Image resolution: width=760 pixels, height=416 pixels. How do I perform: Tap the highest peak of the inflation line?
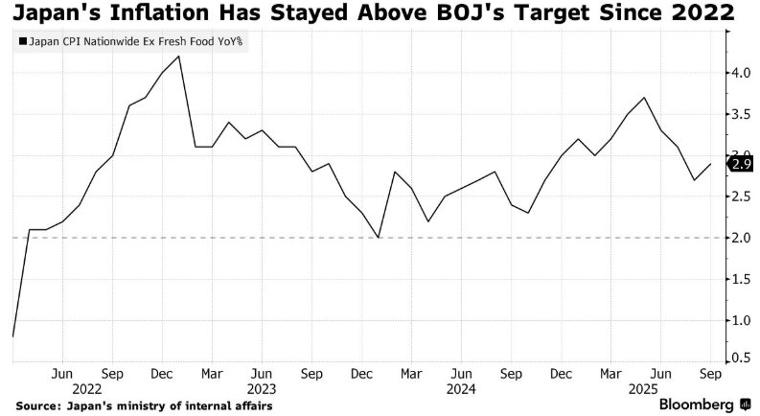179,57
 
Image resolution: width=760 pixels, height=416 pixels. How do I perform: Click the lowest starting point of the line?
13,336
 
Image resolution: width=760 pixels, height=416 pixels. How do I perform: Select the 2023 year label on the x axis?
261,390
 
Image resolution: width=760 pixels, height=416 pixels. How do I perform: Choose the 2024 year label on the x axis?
461,390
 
